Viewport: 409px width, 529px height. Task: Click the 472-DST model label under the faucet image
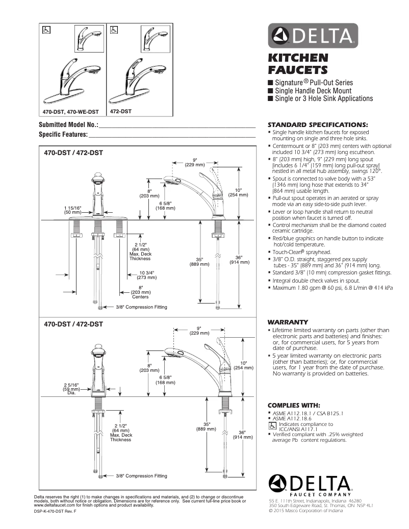(x=121, y=111)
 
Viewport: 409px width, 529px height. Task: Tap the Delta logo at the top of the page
(x=313, y=36)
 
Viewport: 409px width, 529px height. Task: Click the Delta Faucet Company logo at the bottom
(x=310, y=485)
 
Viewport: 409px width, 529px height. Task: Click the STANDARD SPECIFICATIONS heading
(x=318, y=124)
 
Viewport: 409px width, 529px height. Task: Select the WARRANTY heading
(x=288, y=322)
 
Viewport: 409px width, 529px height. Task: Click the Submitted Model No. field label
(x=68, y=125)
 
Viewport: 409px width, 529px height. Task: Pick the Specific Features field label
(x=63, y=135)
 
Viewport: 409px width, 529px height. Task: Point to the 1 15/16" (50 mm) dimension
(x=72, y=209)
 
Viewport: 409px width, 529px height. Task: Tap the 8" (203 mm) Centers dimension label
(x=140, y=292)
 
